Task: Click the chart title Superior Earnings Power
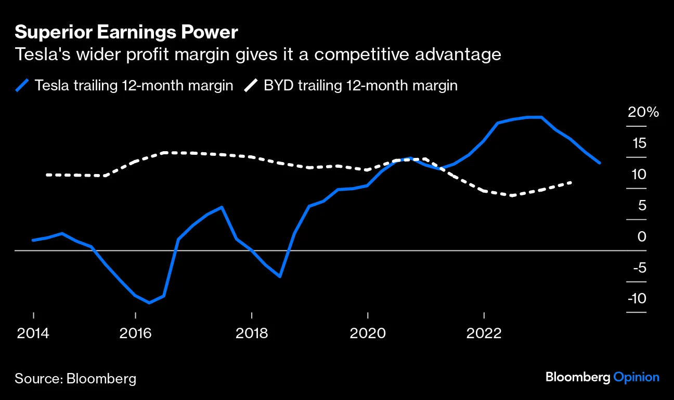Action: [126, 33]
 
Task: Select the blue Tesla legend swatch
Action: [22, 85]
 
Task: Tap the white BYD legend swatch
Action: [251, 85]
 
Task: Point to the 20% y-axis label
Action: [643, 112]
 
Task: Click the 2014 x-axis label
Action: [33, 333]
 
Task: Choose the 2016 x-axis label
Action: [135, 333]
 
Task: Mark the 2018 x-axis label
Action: [251, 333]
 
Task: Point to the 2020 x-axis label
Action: [368, 333]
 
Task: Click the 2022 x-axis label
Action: [484, 333]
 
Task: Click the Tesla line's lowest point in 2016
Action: [149, 302]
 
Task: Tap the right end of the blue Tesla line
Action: [600, 163]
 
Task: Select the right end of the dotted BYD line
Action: [572, 182]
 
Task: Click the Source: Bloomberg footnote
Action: [75, 378]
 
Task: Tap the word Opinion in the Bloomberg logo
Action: [636, 377]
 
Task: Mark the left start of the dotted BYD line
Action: [47, 175]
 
